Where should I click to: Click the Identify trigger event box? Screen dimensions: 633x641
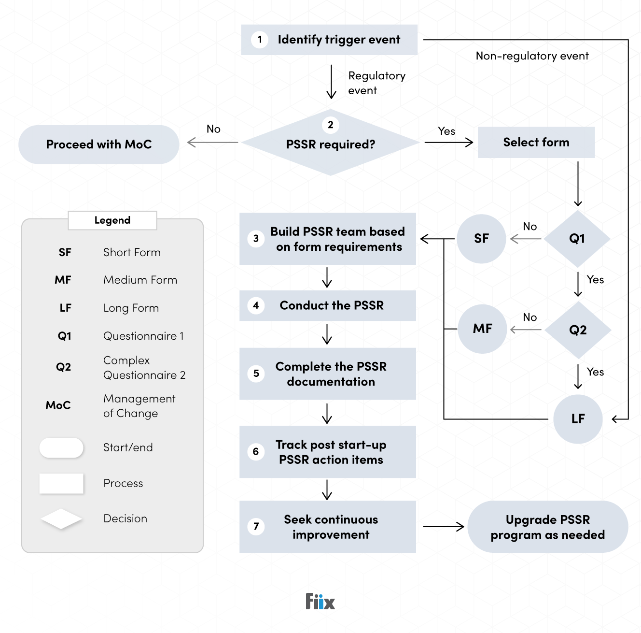[x=329, y=40]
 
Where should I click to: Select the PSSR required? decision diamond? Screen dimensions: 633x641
[x=330, y=143]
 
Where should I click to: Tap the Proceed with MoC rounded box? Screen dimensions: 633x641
[x=98, y=144]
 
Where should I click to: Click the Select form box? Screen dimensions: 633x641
[x=536, y=143]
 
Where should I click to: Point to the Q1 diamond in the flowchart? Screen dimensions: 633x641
[x=577, y=239]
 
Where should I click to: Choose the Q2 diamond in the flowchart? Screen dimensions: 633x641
[x=578, y=330]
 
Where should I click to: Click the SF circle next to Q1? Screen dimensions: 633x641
[x=481, y=239]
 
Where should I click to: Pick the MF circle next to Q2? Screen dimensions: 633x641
[x=482, y=329]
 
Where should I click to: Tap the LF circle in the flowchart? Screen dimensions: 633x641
[x=578, y=419]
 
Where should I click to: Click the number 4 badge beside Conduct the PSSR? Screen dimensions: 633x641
[x=256, y=305]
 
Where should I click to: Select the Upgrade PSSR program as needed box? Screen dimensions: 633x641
[x=547, y=527]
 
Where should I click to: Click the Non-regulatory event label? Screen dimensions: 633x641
[x=532, y=56]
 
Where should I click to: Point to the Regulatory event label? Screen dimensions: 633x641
[x=376, y=83]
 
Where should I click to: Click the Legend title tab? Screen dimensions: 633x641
[x=112, y=220]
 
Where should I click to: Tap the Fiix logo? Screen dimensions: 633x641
[x=320, y=602]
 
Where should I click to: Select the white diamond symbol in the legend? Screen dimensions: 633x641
[x=61, y=519]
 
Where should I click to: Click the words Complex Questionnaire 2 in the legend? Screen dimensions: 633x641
[x=144, y=368]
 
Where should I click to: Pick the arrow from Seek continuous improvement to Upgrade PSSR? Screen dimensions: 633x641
[x=443, y=527]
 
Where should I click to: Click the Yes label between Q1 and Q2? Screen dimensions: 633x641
[x=595, y=280]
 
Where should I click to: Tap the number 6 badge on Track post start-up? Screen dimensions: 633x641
[x=256, y=451]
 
